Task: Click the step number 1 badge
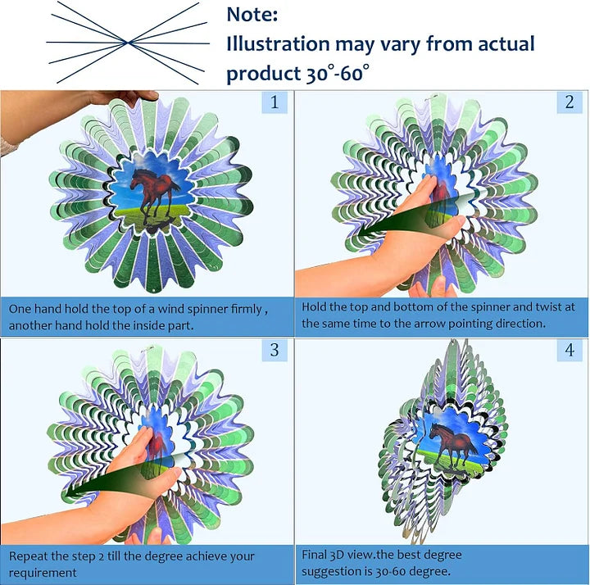click(x=275, y=102)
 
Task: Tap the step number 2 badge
click(x=570, y=102)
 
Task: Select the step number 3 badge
click(x=275, y=351)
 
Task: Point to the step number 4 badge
click(x=570, y=351)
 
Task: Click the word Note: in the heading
click(x=252, y=14)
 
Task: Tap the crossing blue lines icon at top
click(x=125, y=40)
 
